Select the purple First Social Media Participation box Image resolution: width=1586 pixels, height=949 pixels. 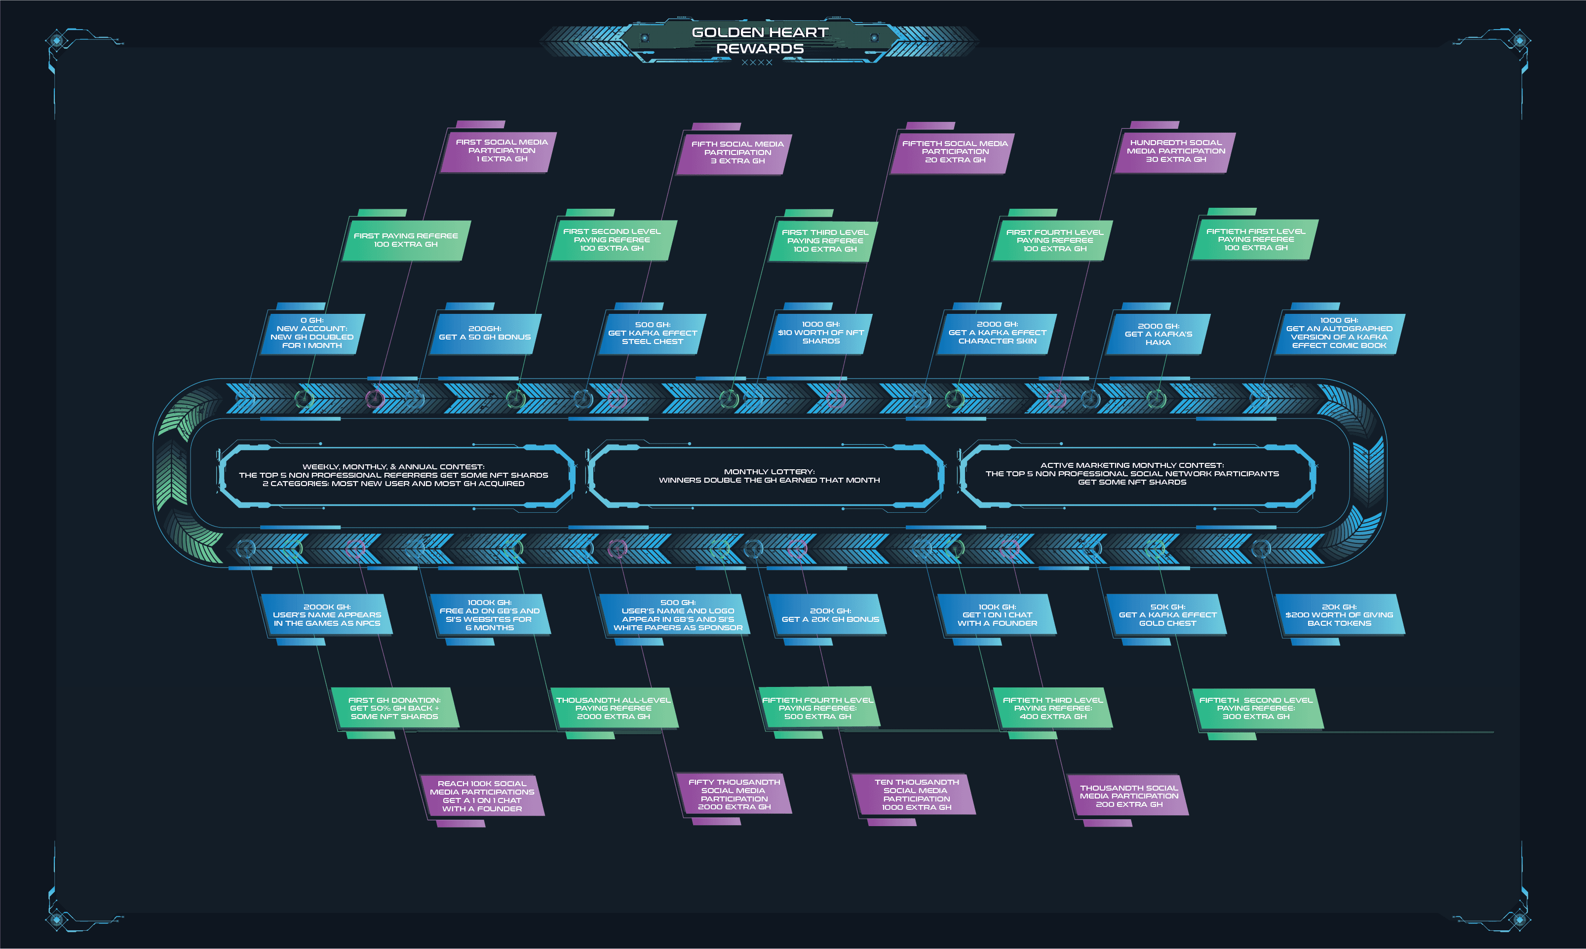point(502,151)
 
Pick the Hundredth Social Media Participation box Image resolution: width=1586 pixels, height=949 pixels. point(1175,152)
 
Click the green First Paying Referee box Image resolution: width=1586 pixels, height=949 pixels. point(405,240)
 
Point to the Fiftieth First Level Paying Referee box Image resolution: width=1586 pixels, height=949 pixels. point(1255,240)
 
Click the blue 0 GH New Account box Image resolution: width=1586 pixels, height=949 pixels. point(312,333)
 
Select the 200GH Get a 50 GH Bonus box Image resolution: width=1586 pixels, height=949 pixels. point(485,333)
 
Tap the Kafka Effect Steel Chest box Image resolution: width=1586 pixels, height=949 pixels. point(652,333)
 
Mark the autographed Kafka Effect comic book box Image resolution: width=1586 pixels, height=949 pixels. point(1339,333)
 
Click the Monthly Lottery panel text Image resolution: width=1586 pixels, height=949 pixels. point(770,476)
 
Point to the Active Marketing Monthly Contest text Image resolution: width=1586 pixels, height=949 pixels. point(1132,474)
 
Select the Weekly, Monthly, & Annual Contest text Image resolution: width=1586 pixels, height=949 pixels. point(393,475)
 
